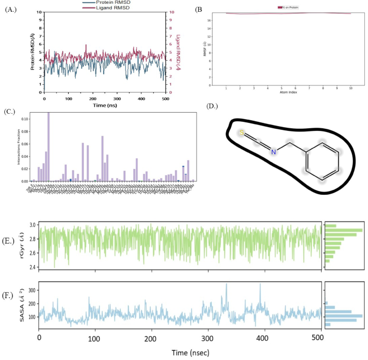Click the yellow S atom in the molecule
242,132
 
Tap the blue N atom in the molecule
273,152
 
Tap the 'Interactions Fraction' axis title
19,148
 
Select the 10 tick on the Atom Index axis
351,87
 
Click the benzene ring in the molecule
322,161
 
